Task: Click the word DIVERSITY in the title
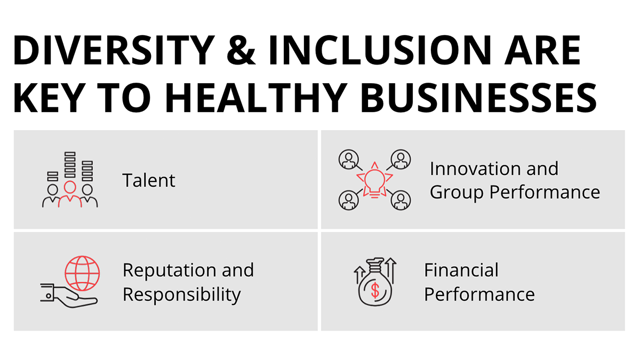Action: pos(114,50)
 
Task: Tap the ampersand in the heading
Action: pos(241,50)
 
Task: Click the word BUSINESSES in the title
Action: pos(478,98)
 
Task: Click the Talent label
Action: pos(149,180)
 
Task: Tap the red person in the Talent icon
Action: pos(70,194)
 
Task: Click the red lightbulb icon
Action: pos(374,180)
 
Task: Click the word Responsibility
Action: pos(182,294)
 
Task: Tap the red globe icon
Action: pos(82,273)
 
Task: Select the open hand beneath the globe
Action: pos(69,297)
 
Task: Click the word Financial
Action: pos(461,270)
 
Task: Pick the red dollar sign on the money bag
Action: pos(375,290)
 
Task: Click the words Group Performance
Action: pos(515,193)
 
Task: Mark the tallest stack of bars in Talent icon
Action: pos(70,165)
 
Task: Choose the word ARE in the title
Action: pos(542,50)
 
